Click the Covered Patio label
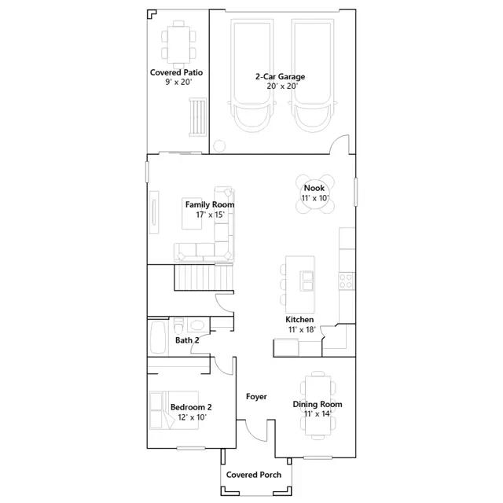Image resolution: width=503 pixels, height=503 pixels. click(x=176, y=72)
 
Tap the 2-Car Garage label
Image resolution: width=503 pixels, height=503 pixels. click(x=280, y=77)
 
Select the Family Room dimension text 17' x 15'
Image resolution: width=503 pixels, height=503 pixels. click(x=210, y=215)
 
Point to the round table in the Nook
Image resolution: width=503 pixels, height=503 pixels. click(x=314, y=193)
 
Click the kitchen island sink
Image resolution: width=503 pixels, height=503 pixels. click(x=307, y=281)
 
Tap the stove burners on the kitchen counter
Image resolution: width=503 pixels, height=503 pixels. click(x=347, y=281)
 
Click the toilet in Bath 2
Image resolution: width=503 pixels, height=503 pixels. click(x=178, y=325)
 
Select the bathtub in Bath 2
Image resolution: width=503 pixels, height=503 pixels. click(x=158, y=337)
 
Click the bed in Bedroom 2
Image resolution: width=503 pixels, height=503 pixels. click(x=174, y=410)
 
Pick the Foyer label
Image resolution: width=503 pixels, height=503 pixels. click(x=256, y=397)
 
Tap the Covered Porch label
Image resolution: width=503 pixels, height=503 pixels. click(x=254, y=475)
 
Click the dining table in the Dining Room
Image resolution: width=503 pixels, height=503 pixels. click(x=318, y=406)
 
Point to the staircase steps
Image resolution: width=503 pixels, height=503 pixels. click(x=204, y=277)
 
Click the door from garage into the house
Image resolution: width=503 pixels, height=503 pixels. click(x=340, y=145)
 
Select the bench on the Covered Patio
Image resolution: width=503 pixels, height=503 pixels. click(x=197, y=117)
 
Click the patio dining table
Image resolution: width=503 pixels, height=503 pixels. click(x=178, y=45)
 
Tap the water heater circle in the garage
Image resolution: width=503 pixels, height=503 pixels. click(x=219, y=146)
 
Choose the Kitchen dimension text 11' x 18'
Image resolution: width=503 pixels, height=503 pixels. click(x=302, y=329)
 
